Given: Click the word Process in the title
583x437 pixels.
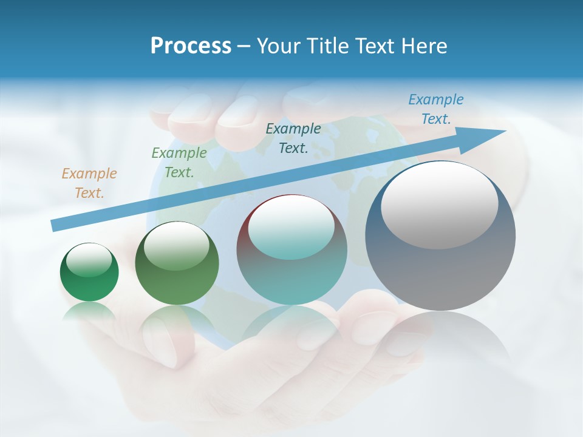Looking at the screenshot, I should pos(191,46).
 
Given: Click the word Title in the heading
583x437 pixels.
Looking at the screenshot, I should pos(327,46).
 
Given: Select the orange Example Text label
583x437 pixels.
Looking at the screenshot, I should pos(89,183).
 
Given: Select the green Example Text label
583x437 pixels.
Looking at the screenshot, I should pos(179,162).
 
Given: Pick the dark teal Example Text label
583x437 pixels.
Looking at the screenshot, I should pos(293,138).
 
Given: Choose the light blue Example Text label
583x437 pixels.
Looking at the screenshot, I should pos(436,109).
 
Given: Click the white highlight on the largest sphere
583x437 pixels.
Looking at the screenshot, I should pos(440,205).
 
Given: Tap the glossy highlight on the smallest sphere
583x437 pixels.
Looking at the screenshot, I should pos(89,260).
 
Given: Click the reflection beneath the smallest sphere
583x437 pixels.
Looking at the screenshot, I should pos(89,313).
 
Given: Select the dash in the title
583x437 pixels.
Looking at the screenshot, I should pos(244,46).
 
